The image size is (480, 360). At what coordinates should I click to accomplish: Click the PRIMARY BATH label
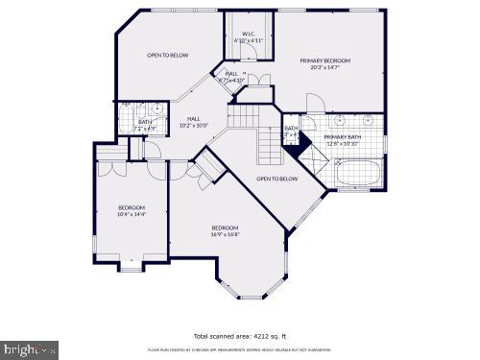pos(344,137)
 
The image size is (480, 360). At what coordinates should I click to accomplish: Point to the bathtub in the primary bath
pos(357,175)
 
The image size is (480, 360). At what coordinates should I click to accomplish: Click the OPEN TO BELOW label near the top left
pos(167,55)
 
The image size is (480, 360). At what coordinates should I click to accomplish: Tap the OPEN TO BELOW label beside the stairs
pos(276,179)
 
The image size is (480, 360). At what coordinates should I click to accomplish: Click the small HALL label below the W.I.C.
pos(231,74)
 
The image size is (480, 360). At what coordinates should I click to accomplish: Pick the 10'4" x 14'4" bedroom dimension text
pos(132,215)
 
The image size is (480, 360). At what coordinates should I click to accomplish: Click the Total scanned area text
pos(238,337)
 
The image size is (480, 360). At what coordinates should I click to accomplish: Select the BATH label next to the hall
pos(145,122)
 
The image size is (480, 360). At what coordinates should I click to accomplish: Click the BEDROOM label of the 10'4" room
pos(132,208)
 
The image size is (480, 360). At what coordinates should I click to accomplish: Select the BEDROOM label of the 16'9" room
pos(226,228)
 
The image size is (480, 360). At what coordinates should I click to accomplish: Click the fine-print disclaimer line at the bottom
pos(238,350)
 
